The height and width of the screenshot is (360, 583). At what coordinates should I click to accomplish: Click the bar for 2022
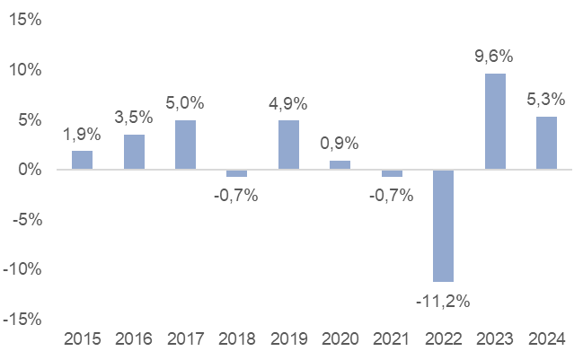coord(443,225)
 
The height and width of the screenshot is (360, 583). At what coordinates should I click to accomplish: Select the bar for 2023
coord(495,121)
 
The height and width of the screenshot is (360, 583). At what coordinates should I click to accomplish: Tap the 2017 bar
coord(185,145)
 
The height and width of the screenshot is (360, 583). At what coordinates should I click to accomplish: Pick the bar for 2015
coord(82,160)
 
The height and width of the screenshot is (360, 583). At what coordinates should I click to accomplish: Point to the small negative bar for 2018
coord(236,172)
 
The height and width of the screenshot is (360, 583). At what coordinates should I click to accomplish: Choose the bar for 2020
coord(340,165)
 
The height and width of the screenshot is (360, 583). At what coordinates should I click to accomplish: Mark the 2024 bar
coord(546,143)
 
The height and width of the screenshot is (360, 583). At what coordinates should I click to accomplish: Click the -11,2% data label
coord(443,301)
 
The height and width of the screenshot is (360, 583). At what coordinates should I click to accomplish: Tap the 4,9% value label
coord(288,102)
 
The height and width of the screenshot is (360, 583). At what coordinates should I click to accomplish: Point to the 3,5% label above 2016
coord(134,117)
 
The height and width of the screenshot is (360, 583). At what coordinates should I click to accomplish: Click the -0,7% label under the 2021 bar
coord(392,195)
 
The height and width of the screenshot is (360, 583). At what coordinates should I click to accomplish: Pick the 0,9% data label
coord(340,143)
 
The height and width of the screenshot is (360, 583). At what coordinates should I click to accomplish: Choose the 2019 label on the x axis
coord(288,339)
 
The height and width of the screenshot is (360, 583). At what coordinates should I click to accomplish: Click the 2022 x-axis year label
coord(443,339)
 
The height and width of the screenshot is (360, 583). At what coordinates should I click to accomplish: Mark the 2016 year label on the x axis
coord(134,339)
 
